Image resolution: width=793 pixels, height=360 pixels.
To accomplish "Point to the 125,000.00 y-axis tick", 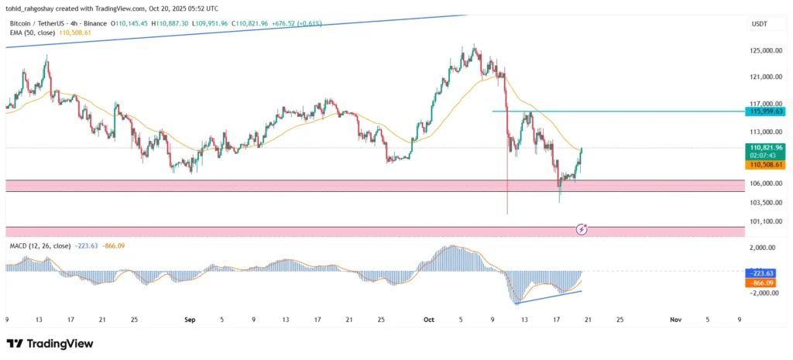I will (766, 51).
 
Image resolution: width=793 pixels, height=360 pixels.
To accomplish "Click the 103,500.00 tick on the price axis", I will (766, 203).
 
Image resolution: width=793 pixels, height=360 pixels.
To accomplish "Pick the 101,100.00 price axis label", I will (766, 221).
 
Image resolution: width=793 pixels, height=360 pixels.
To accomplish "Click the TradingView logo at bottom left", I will (50, 344).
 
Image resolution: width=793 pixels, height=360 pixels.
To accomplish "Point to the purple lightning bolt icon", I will (582, 229).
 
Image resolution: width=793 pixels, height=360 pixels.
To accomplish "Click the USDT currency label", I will (759, 24).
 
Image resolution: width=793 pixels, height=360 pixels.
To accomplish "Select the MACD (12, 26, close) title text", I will (38, 245).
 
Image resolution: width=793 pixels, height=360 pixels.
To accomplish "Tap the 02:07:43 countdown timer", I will (764, 156).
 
